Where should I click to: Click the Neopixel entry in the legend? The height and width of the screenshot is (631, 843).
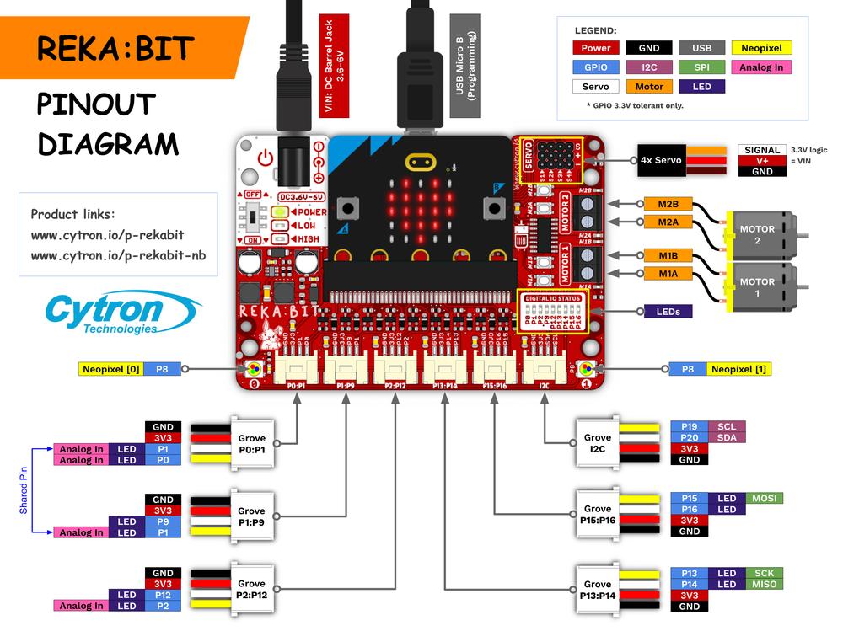click(x=761, y=48)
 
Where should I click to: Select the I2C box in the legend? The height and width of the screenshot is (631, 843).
click(x=649, y=67)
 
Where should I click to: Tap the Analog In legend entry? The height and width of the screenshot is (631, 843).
click(x=761, y=67)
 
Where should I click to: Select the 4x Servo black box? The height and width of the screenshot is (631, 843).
click(x=661, y=160)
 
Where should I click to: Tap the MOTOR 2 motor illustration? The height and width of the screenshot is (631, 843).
click(x=762, y=235)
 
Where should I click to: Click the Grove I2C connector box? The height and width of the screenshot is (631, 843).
click(x=598, y=443)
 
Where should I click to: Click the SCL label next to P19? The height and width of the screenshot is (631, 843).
click(x=727, y=426)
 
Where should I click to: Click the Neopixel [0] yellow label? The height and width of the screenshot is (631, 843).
click(x=111, y=369)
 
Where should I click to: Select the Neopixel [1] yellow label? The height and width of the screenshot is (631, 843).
click(x=738, y=369)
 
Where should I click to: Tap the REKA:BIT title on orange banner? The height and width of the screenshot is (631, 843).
click(x=115, y=48)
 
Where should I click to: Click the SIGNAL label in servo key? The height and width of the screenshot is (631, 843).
click(x=762, y=150)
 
